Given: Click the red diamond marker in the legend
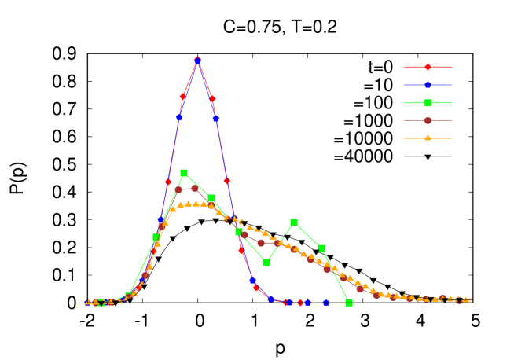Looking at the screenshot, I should click(x=428, y=67).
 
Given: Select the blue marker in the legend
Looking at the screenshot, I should click(x=428, y=84).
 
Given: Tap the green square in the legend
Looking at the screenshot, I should click(x=428, y=103).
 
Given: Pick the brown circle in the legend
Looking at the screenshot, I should click(x=428, y=120).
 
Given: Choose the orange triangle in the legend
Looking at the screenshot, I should click(x=428, y=138).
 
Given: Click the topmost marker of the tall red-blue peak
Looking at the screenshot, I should click(x=197, y=60).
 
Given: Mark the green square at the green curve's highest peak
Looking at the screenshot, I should click(x=184, y=173).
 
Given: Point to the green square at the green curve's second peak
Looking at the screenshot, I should click(x=294, y=222).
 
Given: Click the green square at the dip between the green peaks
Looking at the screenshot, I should click(x=266, y=263).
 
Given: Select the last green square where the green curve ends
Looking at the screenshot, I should click(x=349, y=302).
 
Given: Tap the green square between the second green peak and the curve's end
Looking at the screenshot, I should click(x=321, y=248).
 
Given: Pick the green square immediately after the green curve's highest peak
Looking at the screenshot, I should click(x=211, y=198).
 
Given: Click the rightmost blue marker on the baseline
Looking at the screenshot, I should click(x=326, y=302).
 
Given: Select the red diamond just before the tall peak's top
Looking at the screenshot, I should click(x=182, y=96).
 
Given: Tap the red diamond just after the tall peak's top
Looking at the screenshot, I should click(x=212, y=99).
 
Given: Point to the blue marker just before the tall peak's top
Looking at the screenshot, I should click(x=179, y=117).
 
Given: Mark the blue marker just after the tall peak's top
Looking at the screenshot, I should click(x=216, y=119).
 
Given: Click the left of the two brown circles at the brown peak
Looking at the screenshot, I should click(x=178, y=189).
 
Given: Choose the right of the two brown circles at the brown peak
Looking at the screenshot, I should click(x=195, y=188).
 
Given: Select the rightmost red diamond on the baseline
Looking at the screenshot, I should click(x=300, y=302).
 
